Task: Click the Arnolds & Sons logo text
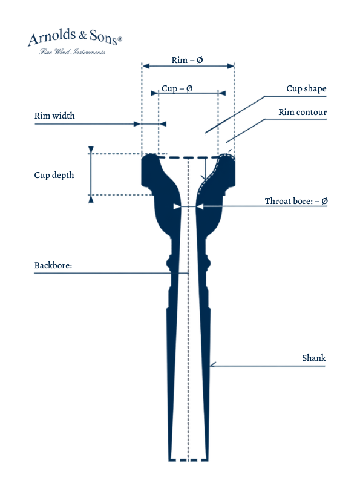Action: tap(75, 37)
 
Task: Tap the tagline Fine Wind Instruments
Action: tap(72, 51)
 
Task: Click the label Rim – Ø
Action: tap(187, 60)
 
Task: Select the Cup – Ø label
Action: tap(177, 88)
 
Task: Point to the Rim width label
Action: tap(54, 116)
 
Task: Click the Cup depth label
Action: tap(54, 175)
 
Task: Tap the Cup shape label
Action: tap(306, 88)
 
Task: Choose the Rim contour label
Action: tap(303, 112)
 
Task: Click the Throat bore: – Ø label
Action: tap(296, 201)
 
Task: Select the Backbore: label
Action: tap(53, 265)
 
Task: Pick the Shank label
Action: tap(314, 358)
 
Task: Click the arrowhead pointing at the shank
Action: tap(213, 364)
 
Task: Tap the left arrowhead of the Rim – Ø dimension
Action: tap(146, 66)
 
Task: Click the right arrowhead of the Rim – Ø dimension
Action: tap(231, 66)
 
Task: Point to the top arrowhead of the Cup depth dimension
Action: tap(91, 150)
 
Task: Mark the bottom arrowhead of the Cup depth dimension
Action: tap(91, 199)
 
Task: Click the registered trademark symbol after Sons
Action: tap(120, 39)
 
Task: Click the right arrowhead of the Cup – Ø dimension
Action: tap(222, 93)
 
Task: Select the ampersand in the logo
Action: tap(83, 35)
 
